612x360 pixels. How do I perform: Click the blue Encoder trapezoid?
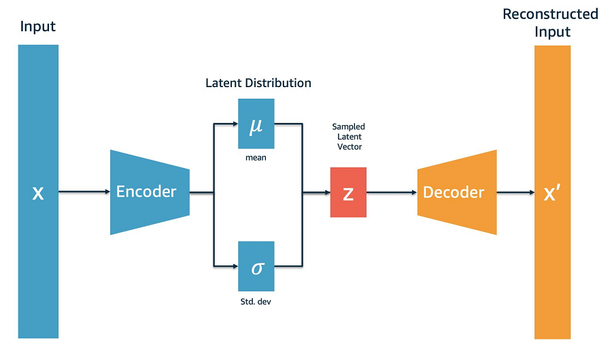[x=150, y=192]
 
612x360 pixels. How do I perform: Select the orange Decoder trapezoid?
[x=457, y=192]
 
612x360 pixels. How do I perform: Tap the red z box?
[x=348, y=192]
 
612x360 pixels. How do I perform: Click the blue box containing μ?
[x=256, y=123]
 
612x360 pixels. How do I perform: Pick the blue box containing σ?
[x=256, y=266]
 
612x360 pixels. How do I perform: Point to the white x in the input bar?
[x=38, y=193]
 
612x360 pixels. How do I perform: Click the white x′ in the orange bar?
[x=552, y=193]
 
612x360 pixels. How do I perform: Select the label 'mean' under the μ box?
[x=256, y=158]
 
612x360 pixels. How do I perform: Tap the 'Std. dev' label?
[x=256, y=301]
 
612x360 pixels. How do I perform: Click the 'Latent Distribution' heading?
[x=258, y=83]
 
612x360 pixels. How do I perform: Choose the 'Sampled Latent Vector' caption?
[x=349, y=137]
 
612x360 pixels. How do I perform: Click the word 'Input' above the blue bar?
[x=38, y=27]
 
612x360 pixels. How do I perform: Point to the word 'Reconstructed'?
[x=550, y=14]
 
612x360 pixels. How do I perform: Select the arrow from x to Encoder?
[x=84, y=191]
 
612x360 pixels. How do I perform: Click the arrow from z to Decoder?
[x=392, y=192]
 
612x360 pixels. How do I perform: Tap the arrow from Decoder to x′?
[x=515, y=192]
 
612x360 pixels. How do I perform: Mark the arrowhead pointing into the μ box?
[x=235, y=124]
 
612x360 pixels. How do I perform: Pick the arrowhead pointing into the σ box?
[x=235, y=266]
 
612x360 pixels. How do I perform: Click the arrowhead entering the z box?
[x=327, y=192]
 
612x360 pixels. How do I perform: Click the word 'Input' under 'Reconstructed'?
[x=552, y=31]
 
